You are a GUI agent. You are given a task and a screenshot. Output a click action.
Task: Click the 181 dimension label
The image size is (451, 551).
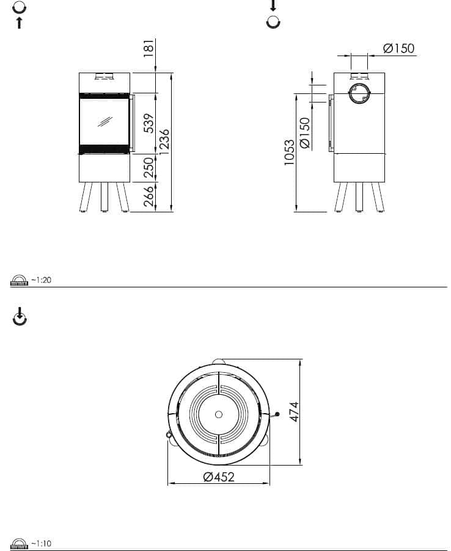point(149,48)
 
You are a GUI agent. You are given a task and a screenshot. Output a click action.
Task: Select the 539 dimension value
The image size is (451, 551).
point(149,123)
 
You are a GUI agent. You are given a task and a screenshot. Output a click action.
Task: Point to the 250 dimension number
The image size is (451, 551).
point(149,167)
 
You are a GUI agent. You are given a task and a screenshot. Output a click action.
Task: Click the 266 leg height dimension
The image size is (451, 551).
point(149,196)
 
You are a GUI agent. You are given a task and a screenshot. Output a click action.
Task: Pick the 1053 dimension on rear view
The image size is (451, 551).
point(289,153)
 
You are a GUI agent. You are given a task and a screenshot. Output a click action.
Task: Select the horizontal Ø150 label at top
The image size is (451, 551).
point(398,48)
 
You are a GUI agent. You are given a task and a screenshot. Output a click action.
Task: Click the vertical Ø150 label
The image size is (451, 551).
point(304,133)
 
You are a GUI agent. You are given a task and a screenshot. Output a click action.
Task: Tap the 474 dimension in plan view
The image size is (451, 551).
point(294,411)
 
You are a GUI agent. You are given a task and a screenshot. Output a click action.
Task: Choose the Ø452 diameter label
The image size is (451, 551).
point(219,477)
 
